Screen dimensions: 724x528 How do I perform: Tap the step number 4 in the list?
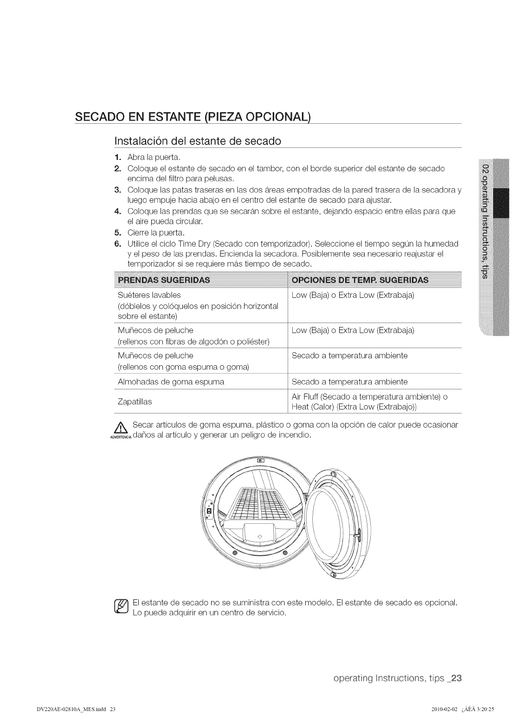coord(117,211)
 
